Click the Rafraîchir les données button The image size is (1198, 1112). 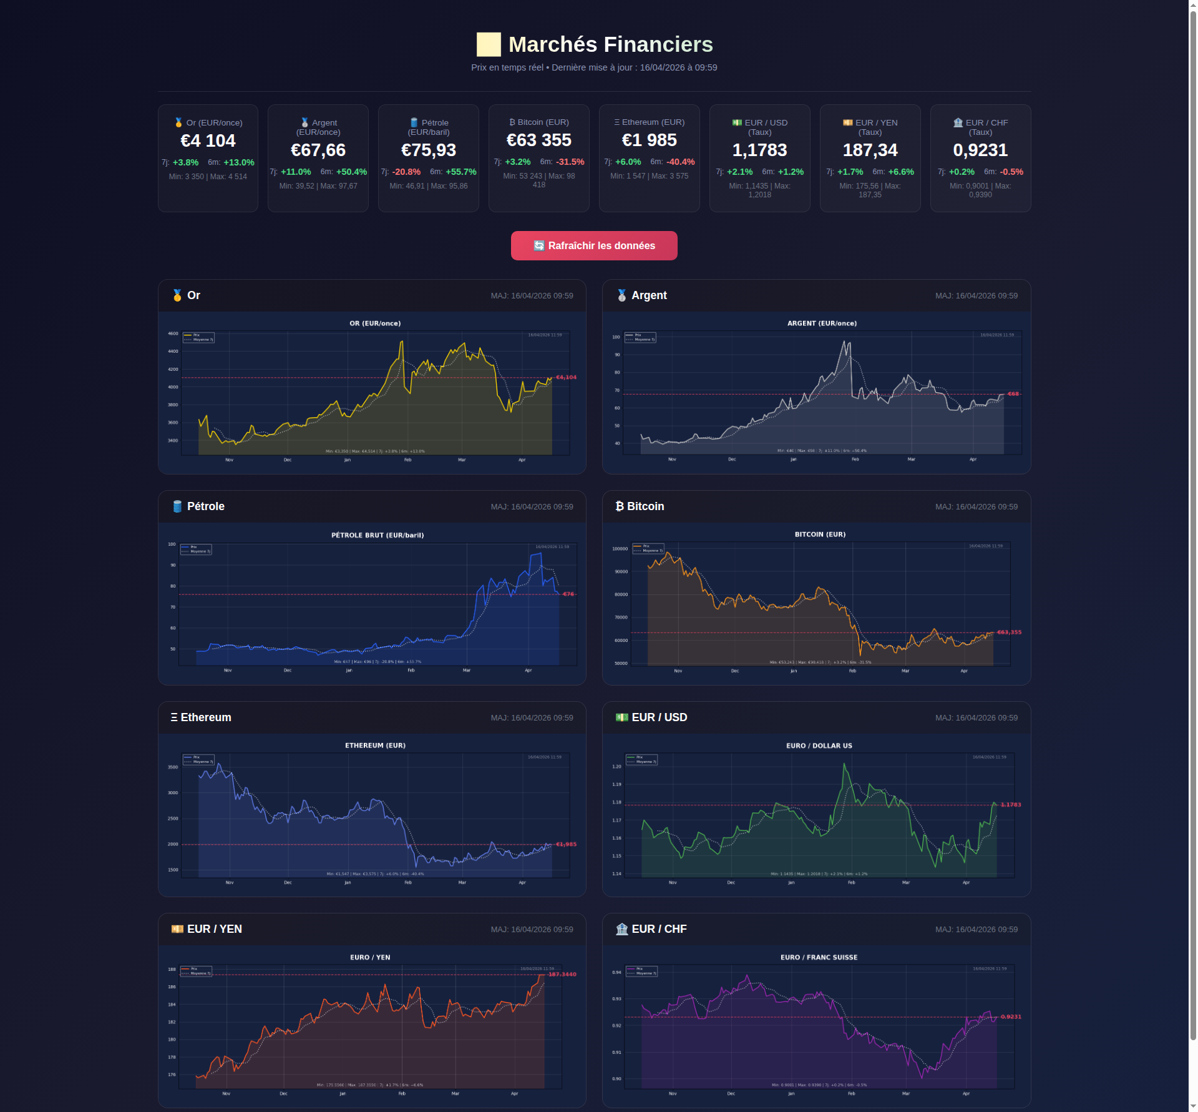tap(594, 245)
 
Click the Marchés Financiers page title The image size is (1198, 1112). tap(610, 44)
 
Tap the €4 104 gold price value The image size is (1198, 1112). tap(208, 140)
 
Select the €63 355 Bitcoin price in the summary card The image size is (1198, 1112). tap(538, 140)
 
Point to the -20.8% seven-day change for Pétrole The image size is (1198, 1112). tap(406, 172)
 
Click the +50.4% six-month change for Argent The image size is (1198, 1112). tap(351, 172)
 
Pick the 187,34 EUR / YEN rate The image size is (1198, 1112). tap(870, 150)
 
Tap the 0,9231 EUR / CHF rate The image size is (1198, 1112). tap(980, 150)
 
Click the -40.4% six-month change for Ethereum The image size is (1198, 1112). tap(680, 162)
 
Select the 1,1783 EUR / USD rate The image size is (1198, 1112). tap(759, 150)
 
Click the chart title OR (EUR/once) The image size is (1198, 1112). tap(375, 323)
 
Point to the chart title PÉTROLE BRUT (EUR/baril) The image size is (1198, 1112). tap(377, 535)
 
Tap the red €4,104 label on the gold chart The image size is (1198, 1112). tap(567, 377)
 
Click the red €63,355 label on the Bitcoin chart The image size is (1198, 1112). tap(1009, 632)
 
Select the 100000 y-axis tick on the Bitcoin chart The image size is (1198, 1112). tap(620, 549)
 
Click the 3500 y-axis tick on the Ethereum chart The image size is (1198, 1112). tap(173, 767)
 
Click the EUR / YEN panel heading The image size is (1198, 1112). tap(214, 929)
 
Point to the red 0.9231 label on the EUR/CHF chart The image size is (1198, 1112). tap(1011, 1016)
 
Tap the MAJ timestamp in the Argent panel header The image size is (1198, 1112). tap(976, 296)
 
